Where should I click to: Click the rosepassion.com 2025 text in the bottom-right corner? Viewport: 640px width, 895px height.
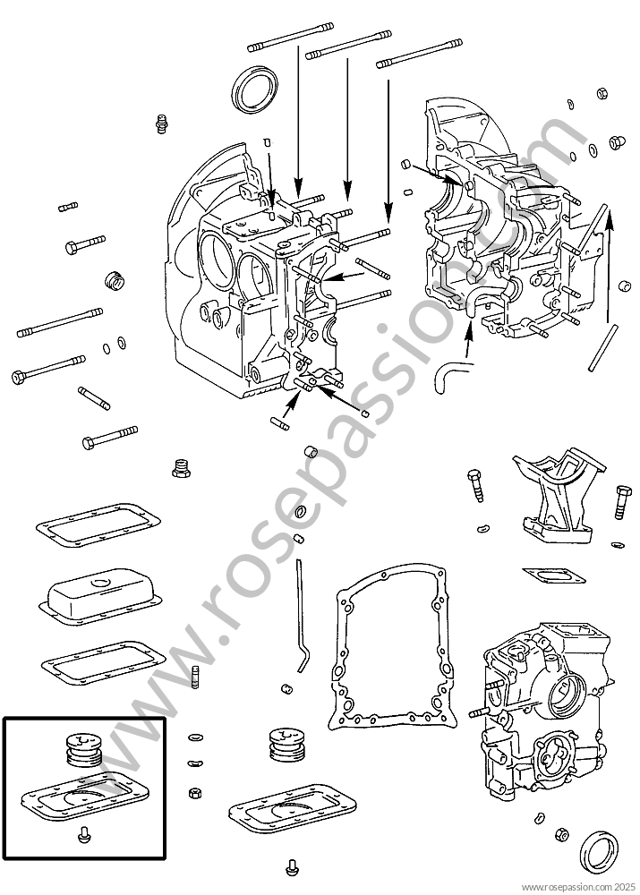pyautogui.click(x=576, y=887)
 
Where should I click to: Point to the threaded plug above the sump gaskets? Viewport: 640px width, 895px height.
pyautogui.click(x=181, y=467)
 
